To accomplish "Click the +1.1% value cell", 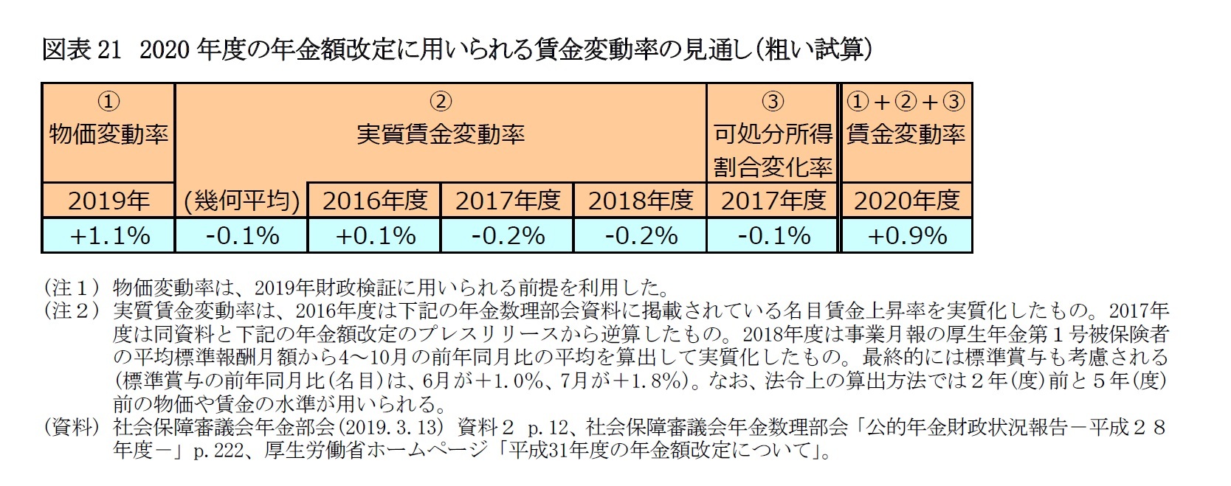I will [109, 235].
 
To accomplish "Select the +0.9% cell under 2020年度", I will [907, 235].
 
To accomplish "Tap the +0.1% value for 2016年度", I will [375, 235].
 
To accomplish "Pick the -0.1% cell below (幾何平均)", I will [242, 235].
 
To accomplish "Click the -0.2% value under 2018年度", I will [641, 235].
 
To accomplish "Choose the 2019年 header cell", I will [109, 201].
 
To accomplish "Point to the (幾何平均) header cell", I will [242, 201].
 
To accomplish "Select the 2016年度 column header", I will [375, 201].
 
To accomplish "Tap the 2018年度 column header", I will [641, 201].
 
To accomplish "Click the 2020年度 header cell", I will [907, 201].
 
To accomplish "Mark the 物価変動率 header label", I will [109, 134].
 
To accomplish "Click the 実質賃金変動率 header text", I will [441, 134].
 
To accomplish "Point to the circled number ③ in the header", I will [773, 102].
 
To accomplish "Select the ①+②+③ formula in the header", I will [906, 102].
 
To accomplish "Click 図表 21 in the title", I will [81, 49].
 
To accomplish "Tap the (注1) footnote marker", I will [72, 286].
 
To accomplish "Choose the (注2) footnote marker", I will [72, 310].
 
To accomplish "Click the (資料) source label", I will [72, 427].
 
